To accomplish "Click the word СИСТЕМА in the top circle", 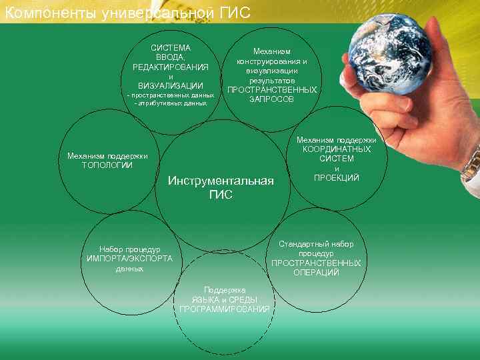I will (x=171, y=48).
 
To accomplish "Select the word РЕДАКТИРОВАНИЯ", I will (x=171, y=67).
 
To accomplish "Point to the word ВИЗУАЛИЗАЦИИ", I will (x=171, y=86).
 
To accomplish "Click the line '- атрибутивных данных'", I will (x=171, y=104).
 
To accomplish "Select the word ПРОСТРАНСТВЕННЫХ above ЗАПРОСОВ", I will (x=271, y=89).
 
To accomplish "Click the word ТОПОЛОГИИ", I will (x=107, y=165).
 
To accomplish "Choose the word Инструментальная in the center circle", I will (x=221, y=181).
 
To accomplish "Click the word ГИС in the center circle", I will (x=221, y=195).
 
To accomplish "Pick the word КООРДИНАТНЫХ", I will (x=337, y=149).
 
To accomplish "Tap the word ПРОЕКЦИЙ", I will (x=337, y=177).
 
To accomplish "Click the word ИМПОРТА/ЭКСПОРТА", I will (x=129, y=259).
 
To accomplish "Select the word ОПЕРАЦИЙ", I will (x=316, y=272).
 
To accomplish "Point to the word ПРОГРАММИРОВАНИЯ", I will (x=225, y=309).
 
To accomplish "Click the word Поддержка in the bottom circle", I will (x=225, y=290).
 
